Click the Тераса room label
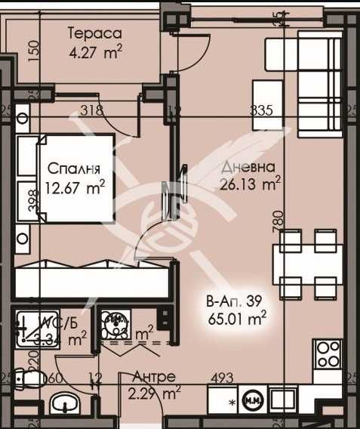(x=94, y=33)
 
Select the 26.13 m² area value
(x=251, y=182)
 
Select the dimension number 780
(x=278, y=221)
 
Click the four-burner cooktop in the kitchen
(x=328, y=353)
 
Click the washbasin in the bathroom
(x=67, y=403)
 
